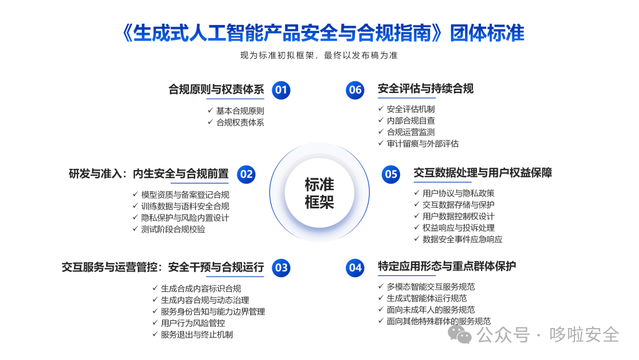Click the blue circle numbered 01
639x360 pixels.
281,89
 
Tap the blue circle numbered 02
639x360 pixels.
246,175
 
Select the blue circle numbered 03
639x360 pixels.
281,268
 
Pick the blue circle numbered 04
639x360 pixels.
355,268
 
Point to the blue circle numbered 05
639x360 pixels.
391,175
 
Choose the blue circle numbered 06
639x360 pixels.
355,89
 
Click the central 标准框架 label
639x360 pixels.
319,193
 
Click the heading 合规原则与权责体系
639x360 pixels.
217,89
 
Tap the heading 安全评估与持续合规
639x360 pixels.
425,88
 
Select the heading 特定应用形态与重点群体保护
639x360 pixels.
447,266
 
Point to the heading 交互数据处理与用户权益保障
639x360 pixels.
483,173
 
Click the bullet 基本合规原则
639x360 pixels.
240,111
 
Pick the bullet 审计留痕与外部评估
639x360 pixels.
422,143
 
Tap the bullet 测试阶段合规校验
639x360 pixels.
173,230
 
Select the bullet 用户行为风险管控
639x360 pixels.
193,323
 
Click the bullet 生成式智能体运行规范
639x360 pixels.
427,298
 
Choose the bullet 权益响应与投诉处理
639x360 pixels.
459,228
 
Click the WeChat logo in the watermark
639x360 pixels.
460,335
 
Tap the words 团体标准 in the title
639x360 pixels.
487,33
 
